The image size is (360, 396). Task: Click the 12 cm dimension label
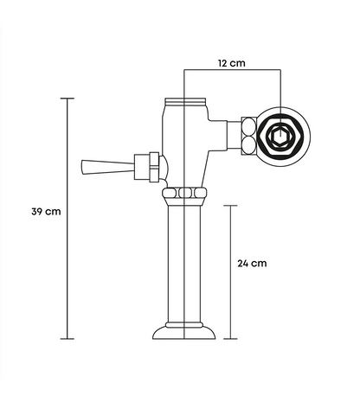click(232, 63)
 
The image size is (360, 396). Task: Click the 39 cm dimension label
click(46, 212)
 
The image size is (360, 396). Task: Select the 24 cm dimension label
click(252, 264)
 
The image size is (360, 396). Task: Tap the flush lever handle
click(108, 167)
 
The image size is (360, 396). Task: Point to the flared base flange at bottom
click(184, 333)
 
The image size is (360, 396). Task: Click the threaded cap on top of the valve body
click(185, 101)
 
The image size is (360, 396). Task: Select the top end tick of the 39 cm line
click(67, 99)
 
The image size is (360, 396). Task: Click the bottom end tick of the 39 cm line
click(67, 339)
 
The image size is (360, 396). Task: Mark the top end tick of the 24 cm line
click(230, 206)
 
